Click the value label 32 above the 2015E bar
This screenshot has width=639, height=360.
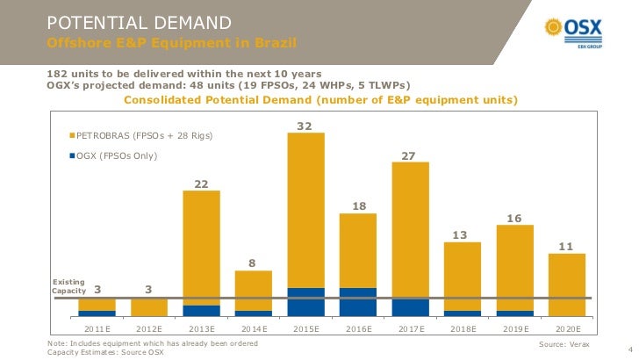[x=305, y=126]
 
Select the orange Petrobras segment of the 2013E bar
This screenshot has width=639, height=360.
[x=201, y=246]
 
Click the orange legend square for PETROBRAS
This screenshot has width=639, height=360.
[x=72, y=136]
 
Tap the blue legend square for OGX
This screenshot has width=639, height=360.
[x=72, y=155]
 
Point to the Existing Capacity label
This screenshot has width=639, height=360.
[x=68, y=286]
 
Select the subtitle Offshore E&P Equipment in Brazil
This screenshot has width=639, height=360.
[x=171, y=43]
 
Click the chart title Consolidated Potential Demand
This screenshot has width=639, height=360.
[x=320, y=100]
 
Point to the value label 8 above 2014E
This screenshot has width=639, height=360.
[x=253, y=263]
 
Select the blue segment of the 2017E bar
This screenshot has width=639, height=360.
[x=410, y=306]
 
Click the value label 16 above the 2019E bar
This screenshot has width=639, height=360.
[x=514, y=218]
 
